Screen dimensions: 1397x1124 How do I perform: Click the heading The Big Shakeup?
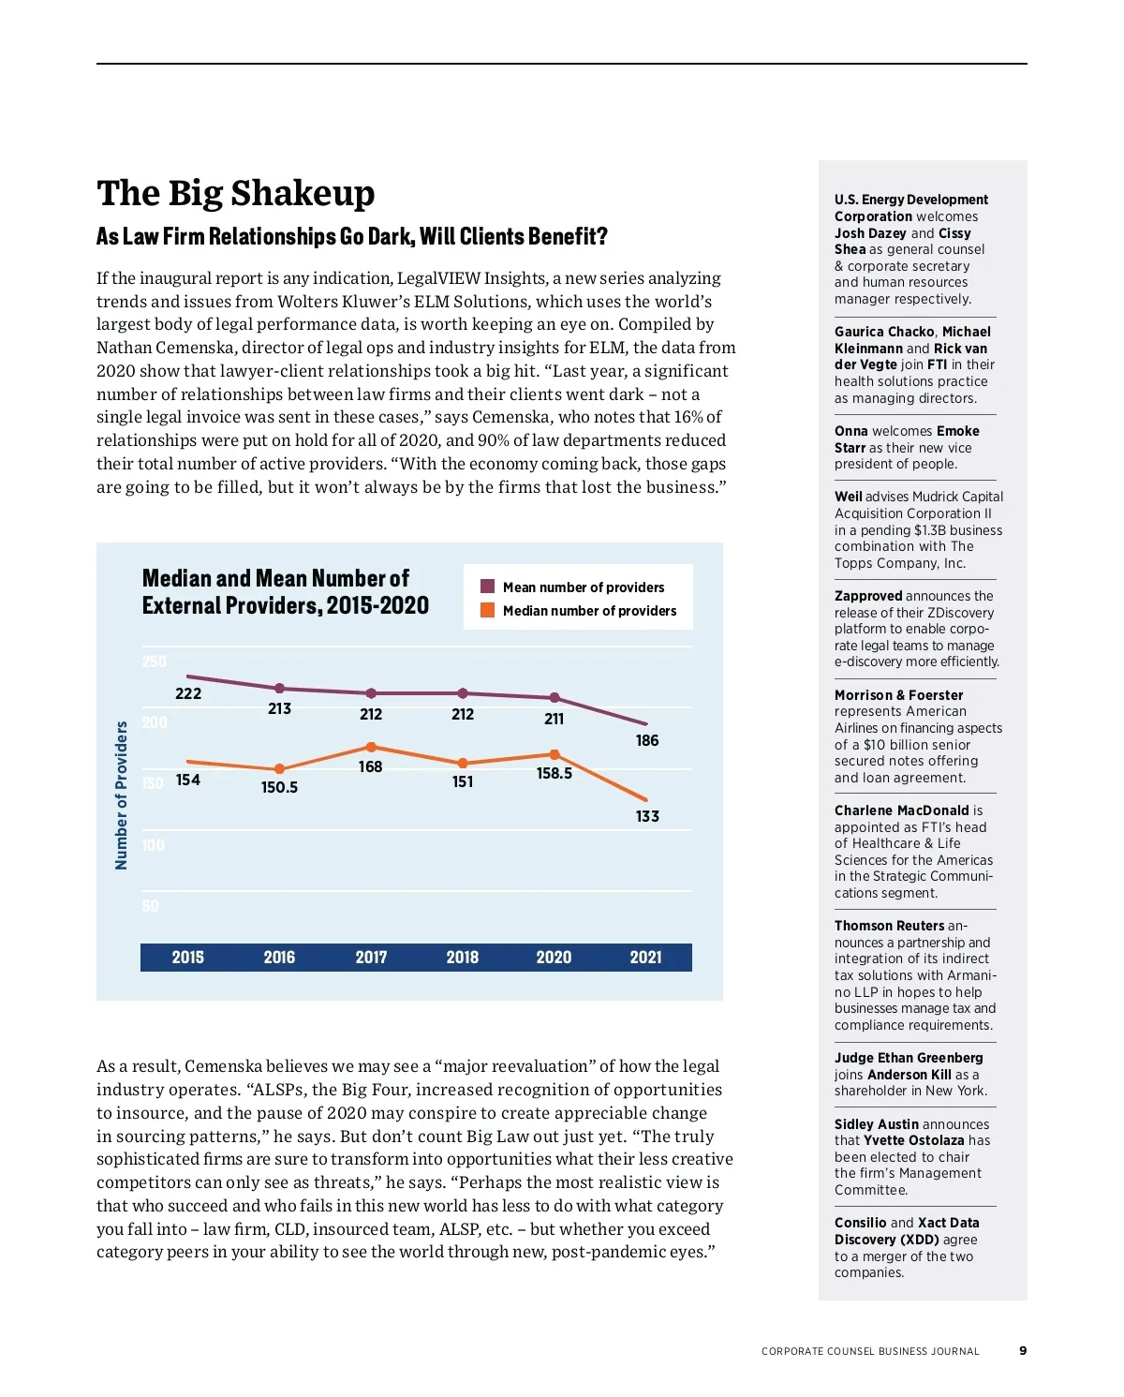click(235, 194)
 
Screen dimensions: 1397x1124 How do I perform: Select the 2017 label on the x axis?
click(371, 957)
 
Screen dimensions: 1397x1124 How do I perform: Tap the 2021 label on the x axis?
click(645, 957)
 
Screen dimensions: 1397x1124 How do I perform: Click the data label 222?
click(188, 693)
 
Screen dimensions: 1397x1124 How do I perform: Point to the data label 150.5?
click(279, 787)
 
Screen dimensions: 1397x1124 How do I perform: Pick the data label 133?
click(647, 816)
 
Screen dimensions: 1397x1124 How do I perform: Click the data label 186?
click(647, 740)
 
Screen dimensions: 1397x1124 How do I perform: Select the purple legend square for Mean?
click(487, 587)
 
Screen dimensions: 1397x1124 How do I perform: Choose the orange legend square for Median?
click(487, 610)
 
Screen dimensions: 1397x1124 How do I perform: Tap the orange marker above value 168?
click(371, 747)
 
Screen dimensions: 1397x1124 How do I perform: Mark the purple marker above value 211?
click(555, 697)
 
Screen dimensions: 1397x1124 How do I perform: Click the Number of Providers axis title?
click(121, 795)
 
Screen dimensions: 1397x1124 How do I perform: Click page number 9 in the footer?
click(1023, 1350)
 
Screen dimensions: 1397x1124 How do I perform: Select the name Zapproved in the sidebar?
click(868, 596)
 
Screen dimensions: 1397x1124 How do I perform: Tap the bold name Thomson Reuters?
click(889, 926)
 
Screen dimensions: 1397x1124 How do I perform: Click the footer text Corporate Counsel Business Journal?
click(870, 1351)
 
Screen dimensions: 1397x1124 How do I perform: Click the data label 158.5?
click(554, 773)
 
